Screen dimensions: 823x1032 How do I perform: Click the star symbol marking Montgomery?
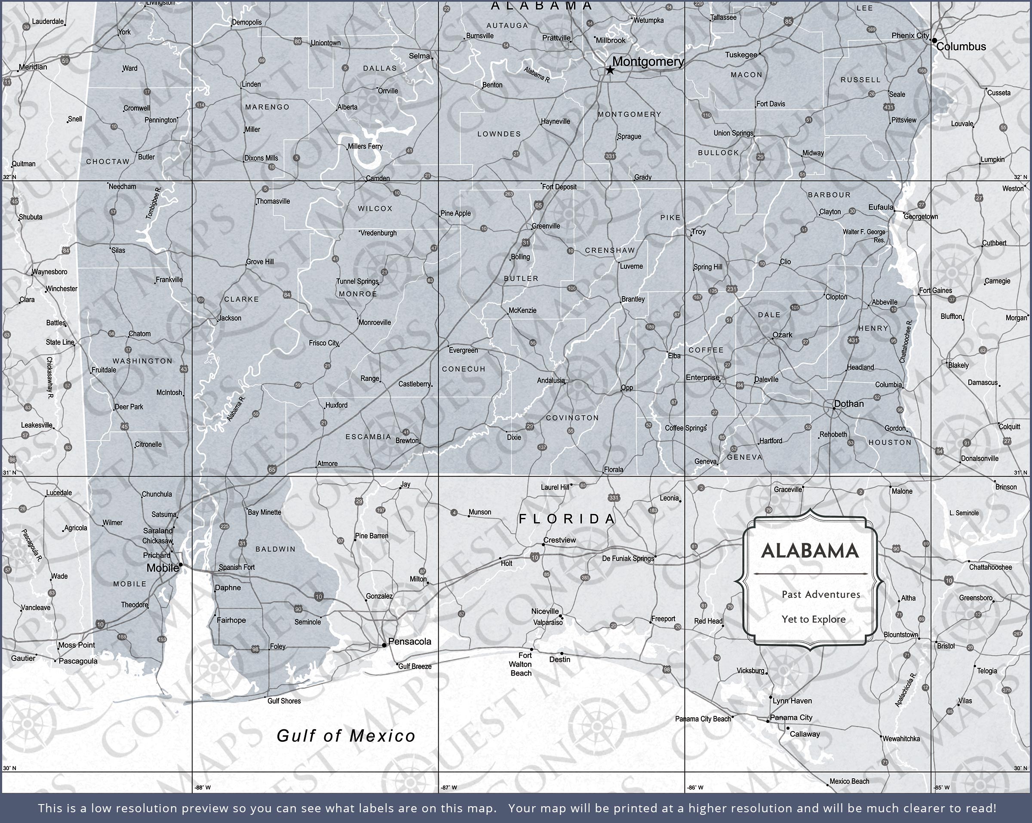[610, 70]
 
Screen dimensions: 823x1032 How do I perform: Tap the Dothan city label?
[849, 404]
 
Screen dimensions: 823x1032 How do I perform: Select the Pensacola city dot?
[384, 645]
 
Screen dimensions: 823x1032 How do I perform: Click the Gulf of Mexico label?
[346, 736]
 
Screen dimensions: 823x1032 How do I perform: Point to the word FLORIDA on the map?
[567, 519]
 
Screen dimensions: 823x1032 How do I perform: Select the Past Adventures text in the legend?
[821, 594]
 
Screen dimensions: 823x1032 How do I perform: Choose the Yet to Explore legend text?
[814, 619]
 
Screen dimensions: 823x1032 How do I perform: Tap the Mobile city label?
[162, 568]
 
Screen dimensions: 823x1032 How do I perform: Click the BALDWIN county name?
[275, 549]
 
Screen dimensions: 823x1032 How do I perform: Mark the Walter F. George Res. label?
[864, 236]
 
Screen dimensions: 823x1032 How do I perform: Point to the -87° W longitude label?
[449, 787]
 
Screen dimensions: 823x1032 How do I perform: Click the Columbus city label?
[961, 47]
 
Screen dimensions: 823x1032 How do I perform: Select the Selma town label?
[419, 56]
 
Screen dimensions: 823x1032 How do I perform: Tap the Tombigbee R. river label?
[154, 203]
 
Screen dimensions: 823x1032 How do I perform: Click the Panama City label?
[791, 717]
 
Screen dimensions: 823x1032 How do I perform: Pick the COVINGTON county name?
[572, 418]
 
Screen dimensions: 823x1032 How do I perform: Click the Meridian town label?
[33, 67]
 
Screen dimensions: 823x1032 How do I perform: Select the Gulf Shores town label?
[284, 701]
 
